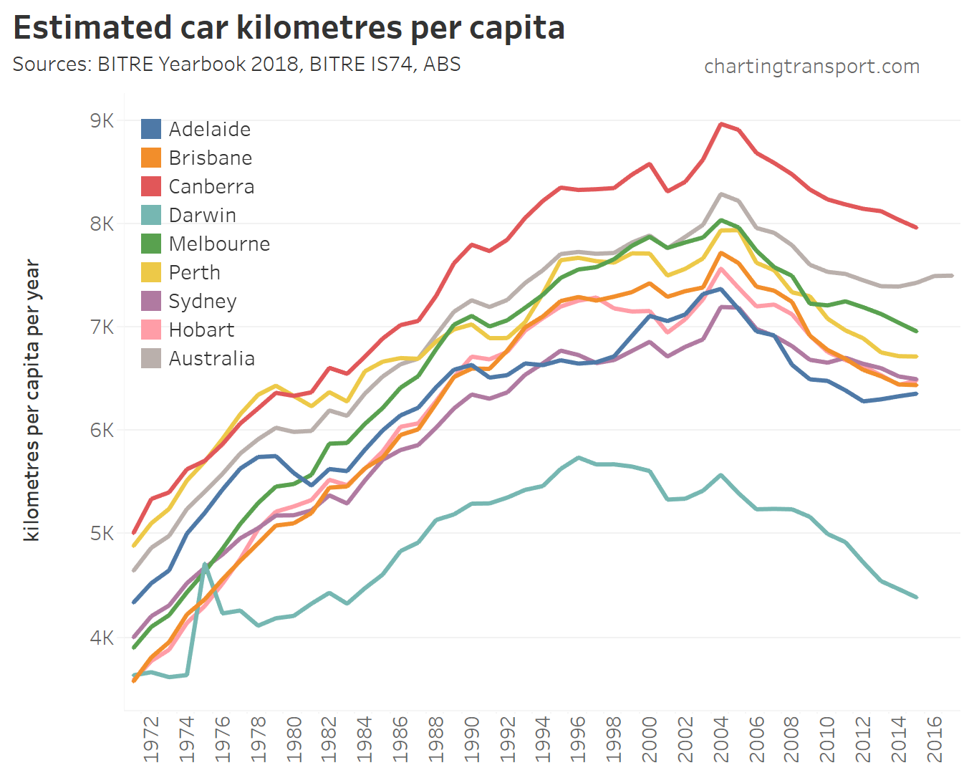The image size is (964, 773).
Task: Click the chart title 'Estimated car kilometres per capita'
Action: tap(289, 28)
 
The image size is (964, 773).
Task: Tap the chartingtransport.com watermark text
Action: tap(811, 67)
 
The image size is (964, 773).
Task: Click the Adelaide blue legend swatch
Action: tap(151, 129)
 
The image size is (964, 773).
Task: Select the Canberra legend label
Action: tap(211, 186)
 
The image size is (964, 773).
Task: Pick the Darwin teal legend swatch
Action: tap(151, 215)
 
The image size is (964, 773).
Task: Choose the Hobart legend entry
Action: tap(201, 330)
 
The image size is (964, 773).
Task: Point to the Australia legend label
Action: tap(211, 358)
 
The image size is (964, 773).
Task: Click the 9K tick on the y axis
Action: tap(102, 120)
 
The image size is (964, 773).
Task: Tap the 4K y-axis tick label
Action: tap(102, 637)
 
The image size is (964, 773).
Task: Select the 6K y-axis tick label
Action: tap(102, 430)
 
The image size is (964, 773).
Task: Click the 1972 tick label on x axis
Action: tap(151, 739)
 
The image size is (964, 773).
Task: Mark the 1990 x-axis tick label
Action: tap(471, 739)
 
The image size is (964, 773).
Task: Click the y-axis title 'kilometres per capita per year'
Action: tap(32, 400)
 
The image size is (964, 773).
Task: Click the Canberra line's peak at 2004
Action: tap(720, 124)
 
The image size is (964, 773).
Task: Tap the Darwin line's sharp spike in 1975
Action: tap(205, 564)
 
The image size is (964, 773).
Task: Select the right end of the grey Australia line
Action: tap(951, 276)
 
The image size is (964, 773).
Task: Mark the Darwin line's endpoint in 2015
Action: tap(916, 597)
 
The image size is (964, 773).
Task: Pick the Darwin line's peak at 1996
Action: tap(578, 457)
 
